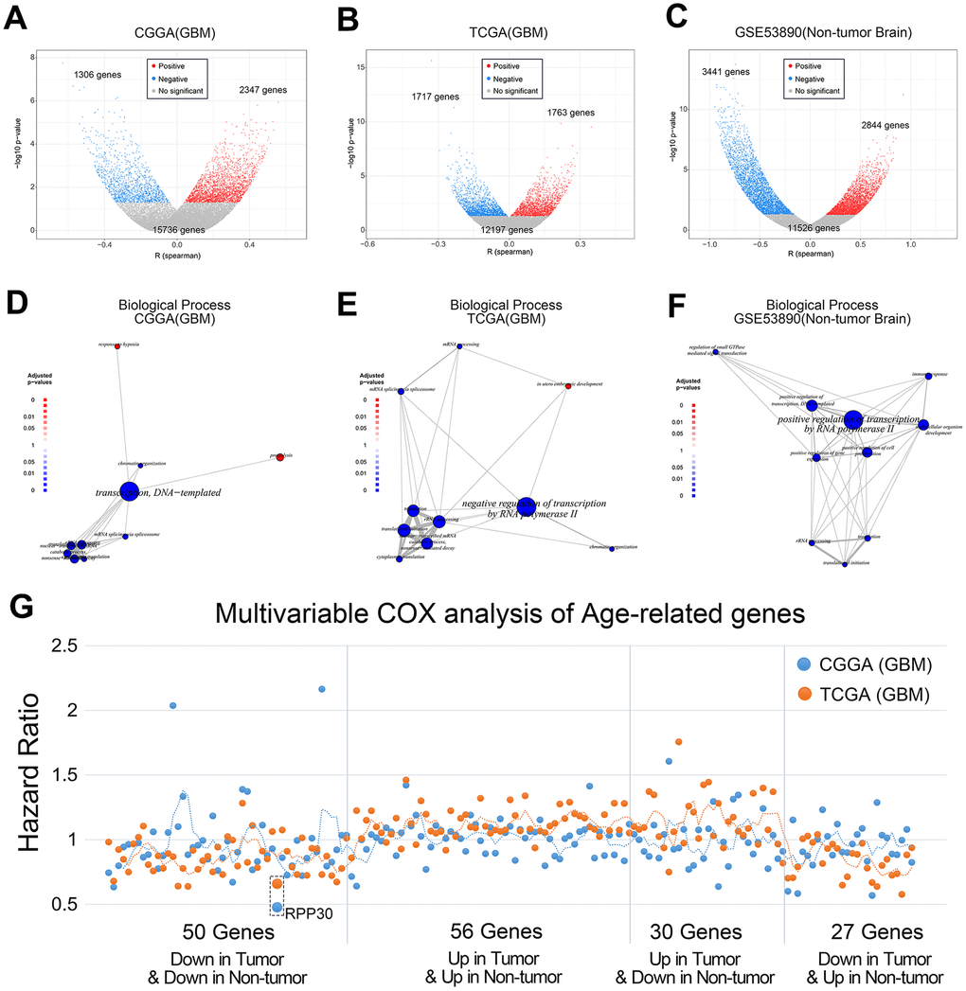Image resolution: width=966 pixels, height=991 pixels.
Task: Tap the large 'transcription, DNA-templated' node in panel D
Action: (130, 490)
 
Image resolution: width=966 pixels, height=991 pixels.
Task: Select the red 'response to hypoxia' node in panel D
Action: (117, 347)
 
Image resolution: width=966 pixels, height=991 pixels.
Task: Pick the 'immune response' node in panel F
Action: (929, 376)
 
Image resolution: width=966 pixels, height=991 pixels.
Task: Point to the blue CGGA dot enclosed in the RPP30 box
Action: (277, 907)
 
